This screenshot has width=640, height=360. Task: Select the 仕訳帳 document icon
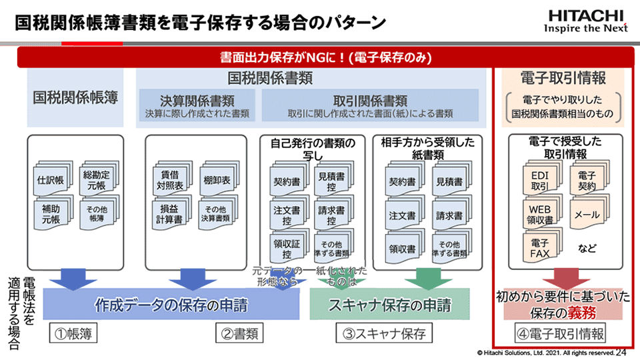coord(51,179)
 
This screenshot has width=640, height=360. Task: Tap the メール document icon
coord(587,215)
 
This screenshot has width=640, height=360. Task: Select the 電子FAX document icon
coord(539,247)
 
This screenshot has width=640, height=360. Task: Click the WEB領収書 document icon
coord(539,214)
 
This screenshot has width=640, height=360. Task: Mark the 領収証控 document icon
coord(287,248)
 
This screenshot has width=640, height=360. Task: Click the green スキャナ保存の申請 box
coord(389,305)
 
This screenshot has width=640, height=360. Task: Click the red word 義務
coord(593,312)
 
